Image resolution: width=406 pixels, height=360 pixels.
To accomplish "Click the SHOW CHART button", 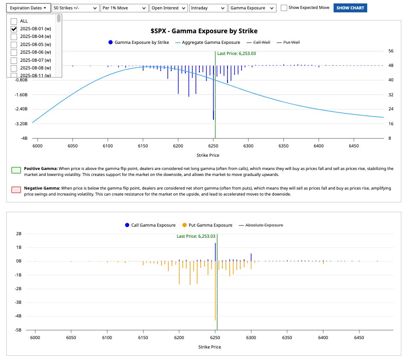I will pos(350,8).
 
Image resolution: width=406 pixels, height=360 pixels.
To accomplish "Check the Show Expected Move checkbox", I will pos(284,8).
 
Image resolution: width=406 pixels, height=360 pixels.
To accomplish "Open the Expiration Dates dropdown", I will pos(28,8).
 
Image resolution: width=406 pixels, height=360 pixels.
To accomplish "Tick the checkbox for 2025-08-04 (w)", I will pos(14,37).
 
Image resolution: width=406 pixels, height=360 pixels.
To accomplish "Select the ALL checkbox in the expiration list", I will pos(14,21).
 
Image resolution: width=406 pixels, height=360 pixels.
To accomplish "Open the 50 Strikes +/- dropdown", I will pos(75,8).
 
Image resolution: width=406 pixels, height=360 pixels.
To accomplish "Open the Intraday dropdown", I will pos(208,8).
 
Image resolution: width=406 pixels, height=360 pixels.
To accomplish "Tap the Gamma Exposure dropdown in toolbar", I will pos(252,8).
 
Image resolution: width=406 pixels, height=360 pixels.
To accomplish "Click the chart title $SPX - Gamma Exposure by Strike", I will pos(204,31).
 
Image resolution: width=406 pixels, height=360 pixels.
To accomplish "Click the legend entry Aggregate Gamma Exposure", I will pos(208,43).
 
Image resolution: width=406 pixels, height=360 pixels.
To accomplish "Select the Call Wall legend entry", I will pos(259,43).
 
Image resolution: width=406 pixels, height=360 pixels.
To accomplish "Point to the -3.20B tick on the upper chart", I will pos(21,124).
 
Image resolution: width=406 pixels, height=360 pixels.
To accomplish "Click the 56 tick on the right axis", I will pos(391,51).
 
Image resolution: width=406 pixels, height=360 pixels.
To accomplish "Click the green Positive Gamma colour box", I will pos(15,170).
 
